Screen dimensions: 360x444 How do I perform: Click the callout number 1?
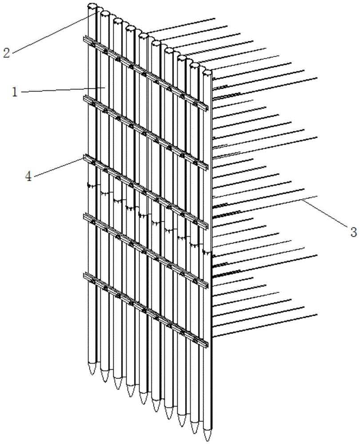(15, 92)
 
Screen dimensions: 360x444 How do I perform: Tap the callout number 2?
(6, 53)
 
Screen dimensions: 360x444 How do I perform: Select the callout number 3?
(353, 232)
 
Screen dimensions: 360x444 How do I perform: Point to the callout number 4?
(28, 176)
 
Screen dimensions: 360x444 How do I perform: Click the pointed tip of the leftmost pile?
(92, 374)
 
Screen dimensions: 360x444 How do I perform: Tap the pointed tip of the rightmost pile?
(207, 440)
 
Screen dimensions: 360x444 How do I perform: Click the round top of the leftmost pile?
(92, 6)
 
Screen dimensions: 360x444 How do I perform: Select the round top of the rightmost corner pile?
(207, 72)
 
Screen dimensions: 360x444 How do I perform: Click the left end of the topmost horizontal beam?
(84, 39)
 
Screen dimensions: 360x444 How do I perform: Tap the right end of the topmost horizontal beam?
(207, 108)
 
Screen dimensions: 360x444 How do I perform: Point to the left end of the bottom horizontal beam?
(84, 275)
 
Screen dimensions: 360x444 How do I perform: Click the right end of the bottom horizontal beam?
(207, 344)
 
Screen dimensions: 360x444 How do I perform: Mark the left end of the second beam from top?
(84, 98)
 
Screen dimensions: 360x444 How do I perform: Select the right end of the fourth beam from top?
(207, 285)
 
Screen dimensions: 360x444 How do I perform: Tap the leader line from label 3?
(325, 212)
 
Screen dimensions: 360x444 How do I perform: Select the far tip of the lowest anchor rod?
(316, 314)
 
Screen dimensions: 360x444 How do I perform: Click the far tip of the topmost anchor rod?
(215, 19)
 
